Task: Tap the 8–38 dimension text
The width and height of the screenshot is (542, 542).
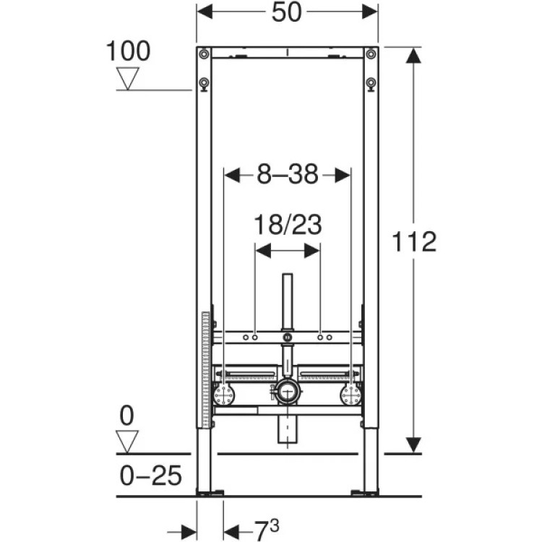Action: coord(288,174)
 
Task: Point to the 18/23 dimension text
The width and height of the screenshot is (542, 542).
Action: coord(288,225)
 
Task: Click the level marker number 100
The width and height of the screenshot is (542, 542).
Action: coord(128,51)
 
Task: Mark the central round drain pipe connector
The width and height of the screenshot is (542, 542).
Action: coord(288,393)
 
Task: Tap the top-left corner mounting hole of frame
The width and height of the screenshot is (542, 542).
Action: coord(205,54)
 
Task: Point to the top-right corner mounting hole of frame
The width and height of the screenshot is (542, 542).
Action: coord(371,54)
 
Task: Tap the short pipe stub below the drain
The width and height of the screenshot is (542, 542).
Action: coord(288,430)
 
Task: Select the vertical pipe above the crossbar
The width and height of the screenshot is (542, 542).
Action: coord(288,300)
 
